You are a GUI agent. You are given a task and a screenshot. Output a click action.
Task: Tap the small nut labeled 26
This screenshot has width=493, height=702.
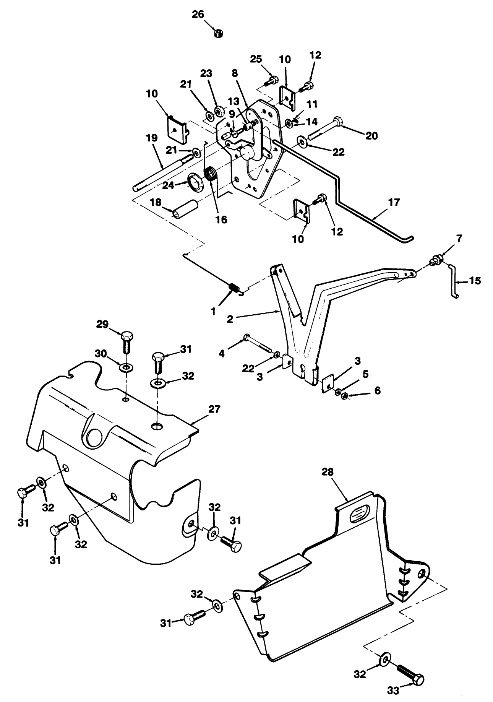point(219,33)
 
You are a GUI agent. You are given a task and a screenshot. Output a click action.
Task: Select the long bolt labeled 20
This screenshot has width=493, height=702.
point(325,129)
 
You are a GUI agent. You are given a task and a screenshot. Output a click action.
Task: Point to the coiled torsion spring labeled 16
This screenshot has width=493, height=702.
point(211,175)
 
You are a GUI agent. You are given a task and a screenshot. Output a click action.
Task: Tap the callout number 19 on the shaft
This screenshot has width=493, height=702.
point(152,138)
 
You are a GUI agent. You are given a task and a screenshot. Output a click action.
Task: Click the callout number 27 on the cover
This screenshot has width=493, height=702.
point(214,409)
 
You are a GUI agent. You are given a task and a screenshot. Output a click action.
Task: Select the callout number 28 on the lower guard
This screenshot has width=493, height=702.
point(328,472)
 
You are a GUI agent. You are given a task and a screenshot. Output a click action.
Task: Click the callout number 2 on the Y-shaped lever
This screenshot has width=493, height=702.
point(230,319)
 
